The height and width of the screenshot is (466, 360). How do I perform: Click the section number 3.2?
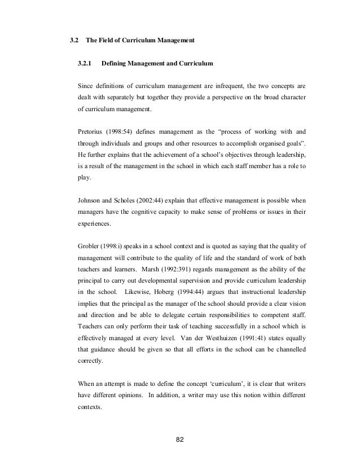[x=73, y=41]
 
